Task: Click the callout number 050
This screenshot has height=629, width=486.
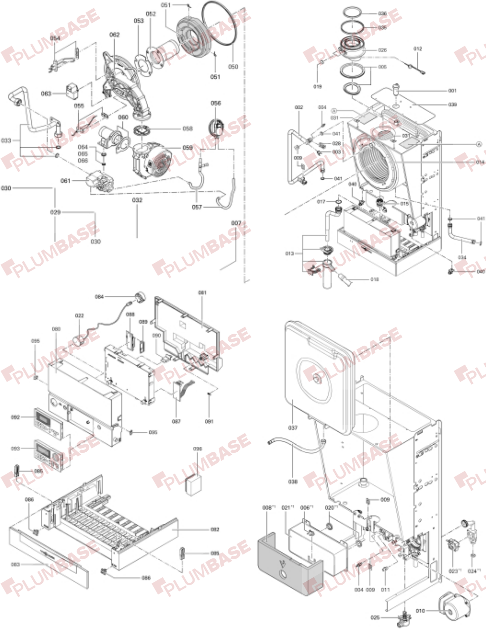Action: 233,67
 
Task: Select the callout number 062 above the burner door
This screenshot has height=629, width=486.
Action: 115,35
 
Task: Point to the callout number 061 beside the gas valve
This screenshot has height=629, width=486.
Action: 66,180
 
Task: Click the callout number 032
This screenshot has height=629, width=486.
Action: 137,200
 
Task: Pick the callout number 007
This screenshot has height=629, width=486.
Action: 236,223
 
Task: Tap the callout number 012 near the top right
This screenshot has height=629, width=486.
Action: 418,49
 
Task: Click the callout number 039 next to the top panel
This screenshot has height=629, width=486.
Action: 452,105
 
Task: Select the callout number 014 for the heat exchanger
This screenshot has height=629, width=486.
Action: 480,162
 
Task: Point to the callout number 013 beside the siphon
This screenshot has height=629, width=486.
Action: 289,254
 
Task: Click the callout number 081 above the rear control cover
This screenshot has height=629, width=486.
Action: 202,293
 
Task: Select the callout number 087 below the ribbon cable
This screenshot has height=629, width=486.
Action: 176,421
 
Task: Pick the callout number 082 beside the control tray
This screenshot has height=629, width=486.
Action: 215,529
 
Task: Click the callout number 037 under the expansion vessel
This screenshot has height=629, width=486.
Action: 292,428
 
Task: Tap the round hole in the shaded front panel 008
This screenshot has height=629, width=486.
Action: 283,575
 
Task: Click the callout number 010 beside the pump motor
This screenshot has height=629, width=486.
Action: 420,611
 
